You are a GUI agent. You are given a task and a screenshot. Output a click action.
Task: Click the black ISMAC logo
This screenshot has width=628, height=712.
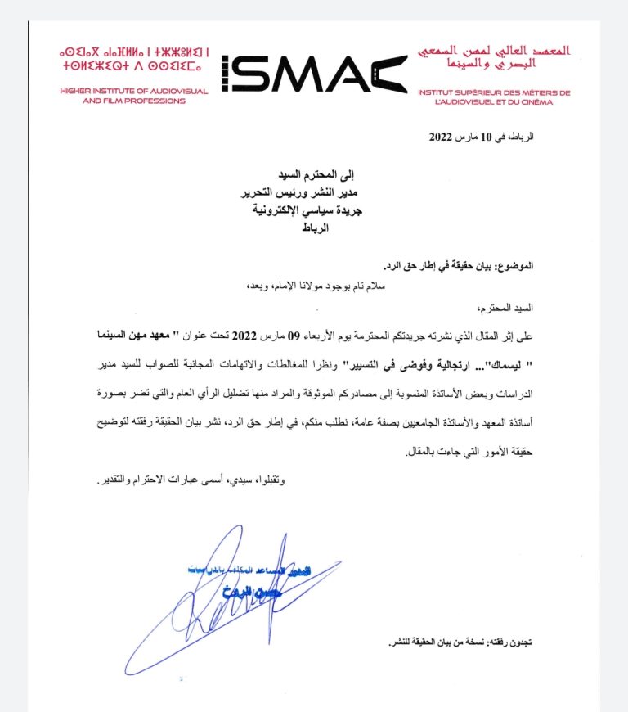[313, 74]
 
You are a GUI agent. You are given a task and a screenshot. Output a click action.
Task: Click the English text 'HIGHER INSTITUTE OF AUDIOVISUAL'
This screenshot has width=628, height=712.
[123, 91]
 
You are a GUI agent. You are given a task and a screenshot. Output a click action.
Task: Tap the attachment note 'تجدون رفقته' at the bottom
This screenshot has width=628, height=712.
[512, 643]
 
